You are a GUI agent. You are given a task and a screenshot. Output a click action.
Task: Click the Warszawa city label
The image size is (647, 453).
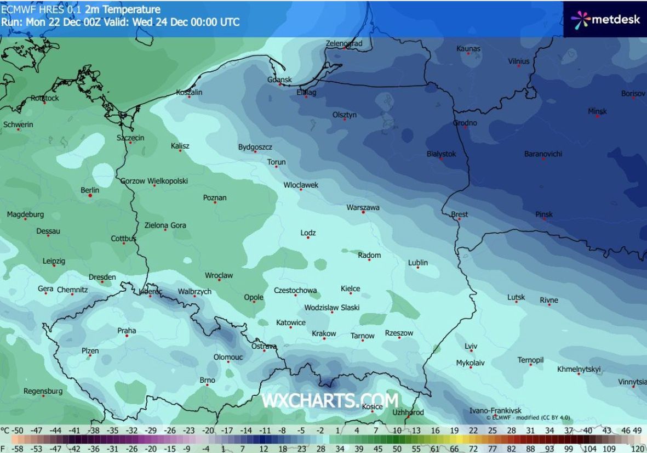point(363,207)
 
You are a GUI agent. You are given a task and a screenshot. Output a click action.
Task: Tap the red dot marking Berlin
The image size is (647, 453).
point(90,195)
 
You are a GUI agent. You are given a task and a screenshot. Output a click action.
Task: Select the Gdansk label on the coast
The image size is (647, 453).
point(279,80)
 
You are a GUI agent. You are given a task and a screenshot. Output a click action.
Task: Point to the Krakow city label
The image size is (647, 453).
point(324,333)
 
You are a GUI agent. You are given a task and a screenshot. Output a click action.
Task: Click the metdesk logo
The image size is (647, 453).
point(605,20)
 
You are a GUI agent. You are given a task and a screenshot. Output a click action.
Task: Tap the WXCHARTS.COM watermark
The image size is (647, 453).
point(329,400)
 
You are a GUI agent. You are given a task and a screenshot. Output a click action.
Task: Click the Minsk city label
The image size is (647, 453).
point(597,111)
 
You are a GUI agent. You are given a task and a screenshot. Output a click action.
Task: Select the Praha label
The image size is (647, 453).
point(127,331)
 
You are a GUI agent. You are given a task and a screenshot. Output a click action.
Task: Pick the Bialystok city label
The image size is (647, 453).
point(441,154)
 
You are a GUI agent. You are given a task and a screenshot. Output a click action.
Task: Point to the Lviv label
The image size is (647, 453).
point(471,346)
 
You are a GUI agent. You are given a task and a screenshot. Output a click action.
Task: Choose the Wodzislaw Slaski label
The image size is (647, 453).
point(331,308)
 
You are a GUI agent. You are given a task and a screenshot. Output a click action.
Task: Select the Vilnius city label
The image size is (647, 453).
point(518,61)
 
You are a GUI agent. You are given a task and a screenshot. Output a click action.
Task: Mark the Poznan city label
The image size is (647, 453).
point(215,197)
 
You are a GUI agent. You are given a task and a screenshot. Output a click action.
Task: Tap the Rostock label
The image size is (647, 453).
point(44,98)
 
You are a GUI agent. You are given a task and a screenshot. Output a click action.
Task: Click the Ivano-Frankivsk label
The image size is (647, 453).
point(495,410)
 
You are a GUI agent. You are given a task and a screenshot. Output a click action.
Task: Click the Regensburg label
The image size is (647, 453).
point(43,391)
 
